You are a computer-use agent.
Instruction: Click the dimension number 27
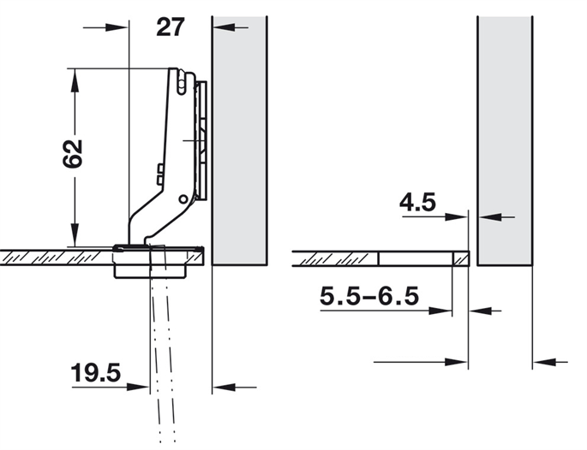(171, 27)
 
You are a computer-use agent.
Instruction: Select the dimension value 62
(73, 153)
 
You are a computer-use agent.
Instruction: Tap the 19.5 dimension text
(96, 373)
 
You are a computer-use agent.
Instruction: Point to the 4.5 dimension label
(417, 202)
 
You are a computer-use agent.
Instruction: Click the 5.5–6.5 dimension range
(369, 296)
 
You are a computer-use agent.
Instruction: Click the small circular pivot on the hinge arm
(183, 198)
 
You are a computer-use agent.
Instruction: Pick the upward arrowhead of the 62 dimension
(75, 80)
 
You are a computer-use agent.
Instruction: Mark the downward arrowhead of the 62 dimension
(75, 234)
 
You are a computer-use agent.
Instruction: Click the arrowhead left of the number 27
(117, 27)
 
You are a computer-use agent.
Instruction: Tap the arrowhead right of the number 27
(224, 27)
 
